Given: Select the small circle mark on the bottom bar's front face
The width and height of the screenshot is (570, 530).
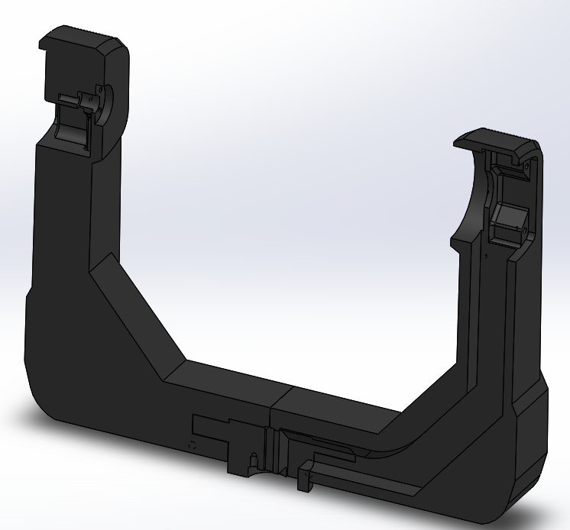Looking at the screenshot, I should point(192,444).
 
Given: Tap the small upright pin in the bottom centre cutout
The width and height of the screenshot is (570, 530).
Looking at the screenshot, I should point(251,461).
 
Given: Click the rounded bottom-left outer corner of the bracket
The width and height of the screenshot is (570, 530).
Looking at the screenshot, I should point(42,405).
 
